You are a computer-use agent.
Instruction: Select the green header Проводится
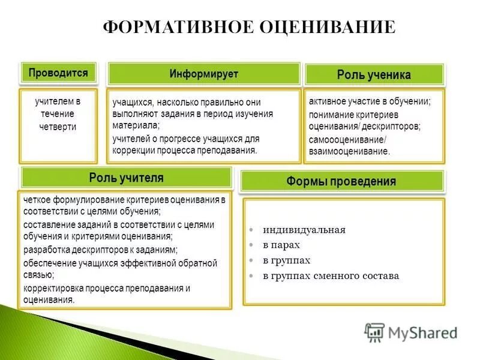[x=58, y=73]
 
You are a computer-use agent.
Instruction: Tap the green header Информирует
[x=203, y=74]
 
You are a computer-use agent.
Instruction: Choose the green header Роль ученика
[x=374, y=75]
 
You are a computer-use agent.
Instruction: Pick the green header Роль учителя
[x=126, y=178]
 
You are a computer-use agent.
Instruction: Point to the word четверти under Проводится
[x=58, y=127]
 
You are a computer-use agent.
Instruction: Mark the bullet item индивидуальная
[x=304, y=230]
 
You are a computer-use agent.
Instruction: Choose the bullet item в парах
[x=281, y=245]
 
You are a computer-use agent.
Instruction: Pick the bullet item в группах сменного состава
[x=331, y=276]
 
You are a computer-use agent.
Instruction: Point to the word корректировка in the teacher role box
[x=55, y=288]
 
